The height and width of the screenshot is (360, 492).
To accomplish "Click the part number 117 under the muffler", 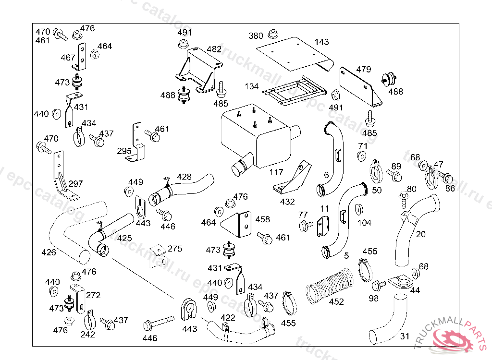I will click(x=276, y=172).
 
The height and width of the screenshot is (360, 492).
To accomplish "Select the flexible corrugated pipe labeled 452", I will click(x=331, y=287).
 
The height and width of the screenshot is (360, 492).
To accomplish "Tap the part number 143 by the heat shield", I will click(x=322, y=42).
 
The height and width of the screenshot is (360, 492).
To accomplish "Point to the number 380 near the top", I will click(x=256, y=36).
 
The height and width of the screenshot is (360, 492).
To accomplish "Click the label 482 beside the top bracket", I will click(x=214, y=49).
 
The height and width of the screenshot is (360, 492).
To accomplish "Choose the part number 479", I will click(x=364, y=69).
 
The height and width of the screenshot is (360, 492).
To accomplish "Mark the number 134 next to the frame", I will click(x=251, y=86).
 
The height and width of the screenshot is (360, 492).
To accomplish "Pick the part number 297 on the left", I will click(x=75, y=184).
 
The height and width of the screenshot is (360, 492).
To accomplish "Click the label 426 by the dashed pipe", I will click(x=49, y=252).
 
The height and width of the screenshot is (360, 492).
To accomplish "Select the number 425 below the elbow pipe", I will click(x=124, y=238).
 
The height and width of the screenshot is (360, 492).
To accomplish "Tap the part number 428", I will click(x=184, y=177).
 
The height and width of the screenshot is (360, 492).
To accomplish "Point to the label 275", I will click(x=175, y=249).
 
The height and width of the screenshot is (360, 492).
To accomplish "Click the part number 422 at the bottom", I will click(x=228, y=318).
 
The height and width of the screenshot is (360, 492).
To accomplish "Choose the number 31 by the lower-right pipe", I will click(x=405, y=336).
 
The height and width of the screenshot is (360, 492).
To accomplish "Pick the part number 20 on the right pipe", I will click(x=421, y=234).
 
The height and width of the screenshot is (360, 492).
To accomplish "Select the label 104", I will click(x=364, y=223).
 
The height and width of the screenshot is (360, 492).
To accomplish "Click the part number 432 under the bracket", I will click(x=287, y=202).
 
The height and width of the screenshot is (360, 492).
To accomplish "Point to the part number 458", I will click(x=262, y=219).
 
